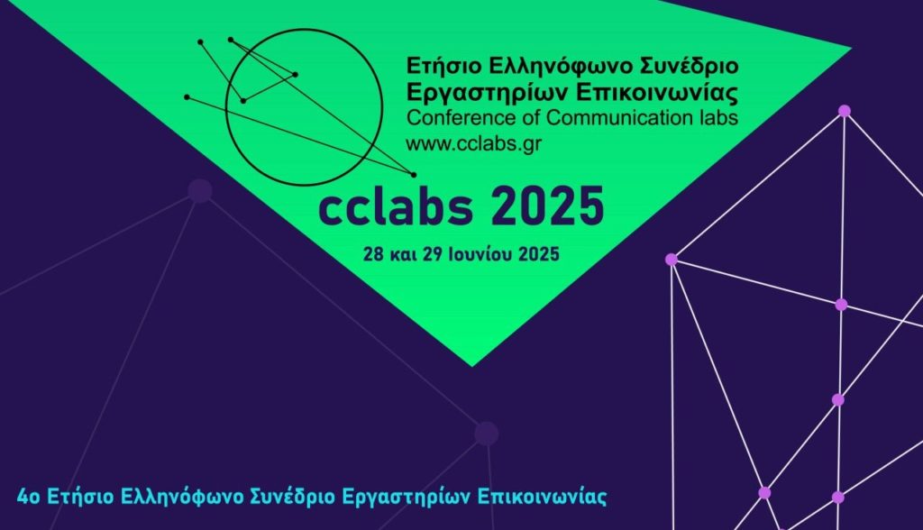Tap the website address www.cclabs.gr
click(474, 143)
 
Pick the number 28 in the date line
click(373, 254)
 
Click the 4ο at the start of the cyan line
click(29, 497)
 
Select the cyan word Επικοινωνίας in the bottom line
click(542, 497)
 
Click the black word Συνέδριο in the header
click(689, 65)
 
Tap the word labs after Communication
click(718, 118)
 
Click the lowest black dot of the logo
click(413, 175)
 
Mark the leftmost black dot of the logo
click(187, 96)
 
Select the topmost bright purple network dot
click(844, 111)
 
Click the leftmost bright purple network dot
click(671, 259)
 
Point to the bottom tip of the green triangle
click(471, 366)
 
